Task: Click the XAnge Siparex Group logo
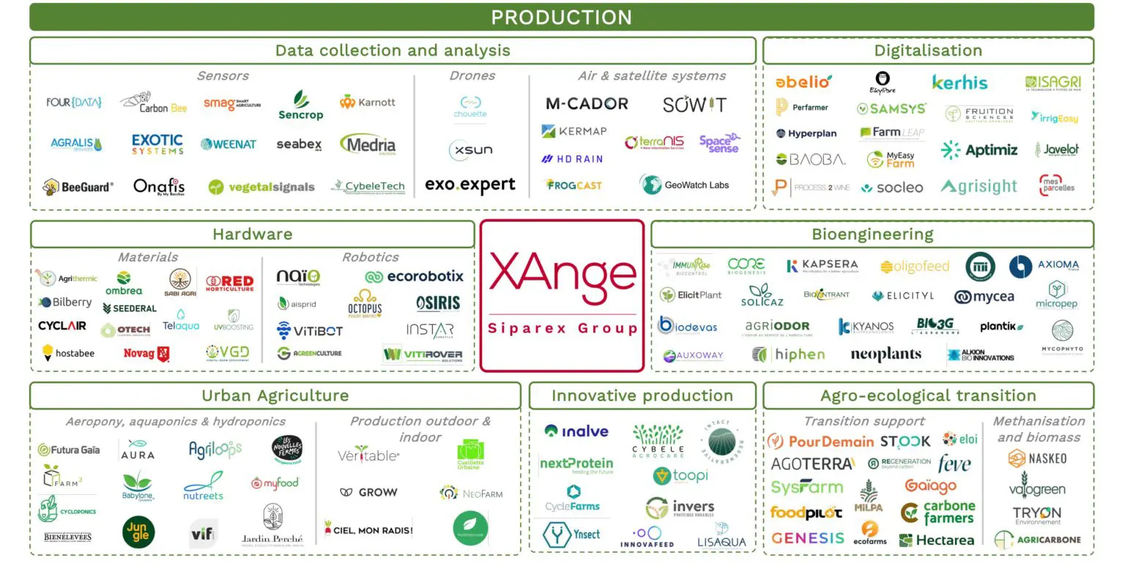(562, 296)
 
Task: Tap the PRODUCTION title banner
(562, 17)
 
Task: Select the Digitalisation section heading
(928, 51)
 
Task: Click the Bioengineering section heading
(872, 234)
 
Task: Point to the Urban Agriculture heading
(275, 395)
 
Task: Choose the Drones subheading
(472, 75)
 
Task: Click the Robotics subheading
(370, 257)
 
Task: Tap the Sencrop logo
(300, 106)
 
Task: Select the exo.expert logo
(470, 185)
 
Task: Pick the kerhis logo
(959, 83)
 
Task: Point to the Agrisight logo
(979, 187)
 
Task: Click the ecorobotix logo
(415, 277)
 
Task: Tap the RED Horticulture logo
(230, 283)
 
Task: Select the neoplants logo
(885, 355)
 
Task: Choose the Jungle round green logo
(138, 532)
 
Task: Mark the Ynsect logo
(571, 534)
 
